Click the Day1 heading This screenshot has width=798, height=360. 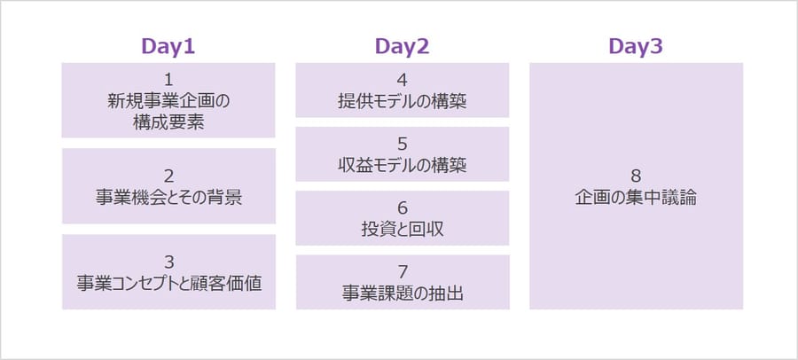(168, 47)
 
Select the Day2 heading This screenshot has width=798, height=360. (402, 47)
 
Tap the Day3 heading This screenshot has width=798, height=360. (636, 47)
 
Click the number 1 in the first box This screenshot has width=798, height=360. (168, 80)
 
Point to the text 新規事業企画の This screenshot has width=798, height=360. (168, 101)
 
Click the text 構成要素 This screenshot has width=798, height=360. (168, 122)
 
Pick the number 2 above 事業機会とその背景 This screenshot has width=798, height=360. (168, 176)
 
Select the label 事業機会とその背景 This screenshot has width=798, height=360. (168, 198)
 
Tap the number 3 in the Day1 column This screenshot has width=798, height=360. (169, 262)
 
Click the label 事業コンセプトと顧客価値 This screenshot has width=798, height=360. (169, 284)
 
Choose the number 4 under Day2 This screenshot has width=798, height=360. (403, 80)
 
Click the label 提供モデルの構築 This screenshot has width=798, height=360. (403, 102)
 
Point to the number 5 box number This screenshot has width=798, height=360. (403, 145)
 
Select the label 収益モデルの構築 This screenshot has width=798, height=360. (403, 166)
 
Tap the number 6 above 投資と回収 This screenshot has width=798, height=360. (403, 207)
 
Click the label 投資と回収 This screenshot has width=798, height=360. (403, 230)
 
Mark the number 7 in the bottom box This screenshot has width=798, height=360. (403, 272)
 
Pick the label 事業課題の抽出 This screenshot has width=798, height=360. (403, 293)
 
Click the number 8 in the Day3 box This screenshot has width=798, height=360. (636, 176)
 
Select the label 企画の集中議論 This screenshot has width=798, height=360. (636, 198)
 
